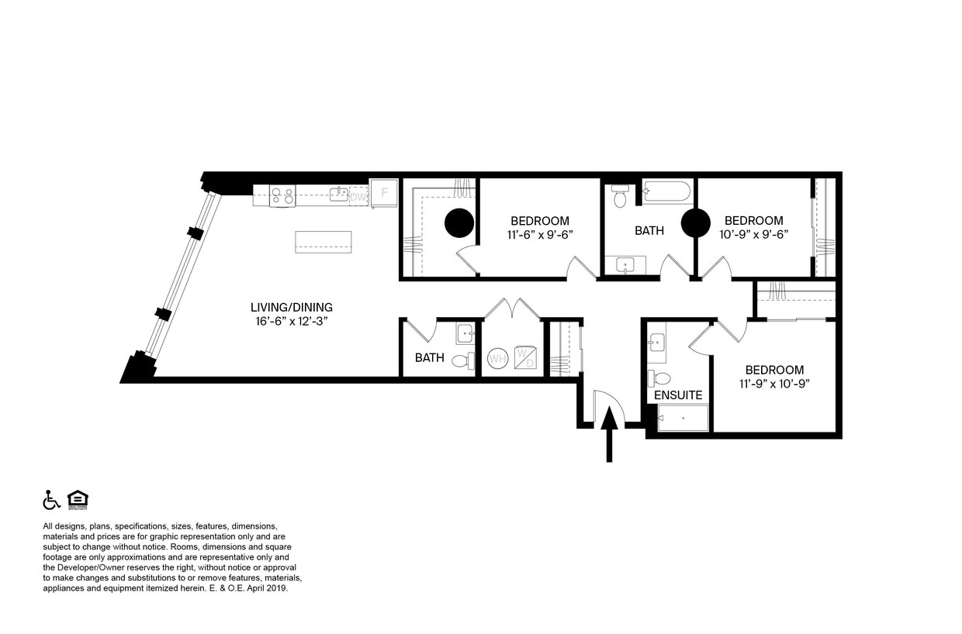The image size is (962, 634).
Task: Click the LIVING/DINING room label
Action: (x=291, y=308)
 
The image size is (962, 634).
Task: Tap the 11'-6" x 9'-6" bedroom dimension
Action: (x=539, y=234)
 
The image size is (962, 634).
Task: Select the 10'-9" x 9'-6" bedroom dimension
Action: (x=753, y=234)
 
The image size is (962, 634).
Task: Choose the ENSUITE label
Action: (x=678, y=395)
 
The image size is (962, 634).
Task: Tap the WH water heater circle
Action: (x=497, y=360)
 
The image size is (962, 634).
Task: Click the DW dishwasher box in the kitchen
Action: (x=358, y=197)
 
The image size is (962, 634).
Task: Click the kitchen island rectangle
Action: (x=323, y=242)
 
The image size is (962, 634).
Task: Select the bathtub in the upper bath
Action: (x=667, y=191)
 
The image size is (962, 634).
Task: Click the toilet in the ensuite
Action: (x=661, y=378)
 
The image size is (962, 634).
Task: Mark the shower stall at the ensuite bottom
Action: (x=683, y=418)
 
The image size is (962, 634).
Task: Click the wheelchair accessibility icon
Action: (x=51, y=500)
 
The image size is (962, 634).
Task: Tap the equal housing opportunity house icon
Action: (x=78, y=500)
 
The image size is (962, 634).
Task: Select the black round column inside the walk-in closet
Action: (x=459, y=224)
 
